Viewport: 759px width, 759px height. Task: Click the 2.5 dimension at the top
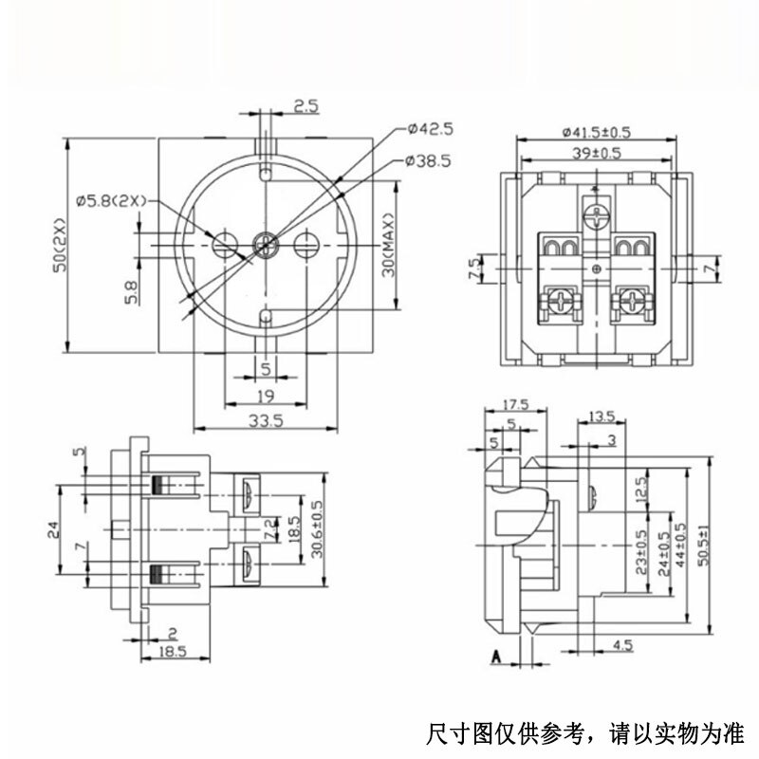click(x=305, y=106)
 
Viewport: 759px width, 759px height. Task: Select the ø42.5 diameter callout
click(x=430, y=128)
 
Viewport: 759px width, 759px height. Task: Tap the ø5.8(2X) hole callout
click(x=109, y=200)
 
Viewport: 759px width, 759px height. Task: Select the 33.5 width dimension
click(x=265, y=423)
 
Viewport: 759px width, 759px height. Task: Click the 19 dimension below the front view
click(x=265, y=396)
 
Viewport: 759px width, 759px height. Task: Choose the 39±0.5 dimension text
click(x=596, y=153)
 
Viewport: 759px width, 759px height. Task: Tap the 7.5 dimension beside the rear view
click(x=473, y=268)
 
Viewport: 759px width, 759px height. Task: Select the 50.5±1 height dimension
click(x=703, y=546)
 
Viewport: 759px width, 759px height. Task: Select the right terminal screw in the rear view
click(x=629, y=305)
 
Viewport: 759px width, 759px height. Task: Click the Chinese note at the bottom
click(x=586, y=732)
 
